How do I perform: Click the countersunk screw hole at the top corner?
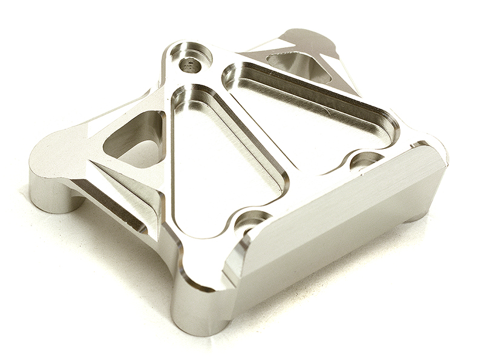tap(191, 59)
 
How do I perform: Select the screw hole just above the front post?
tap(250, 221)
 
